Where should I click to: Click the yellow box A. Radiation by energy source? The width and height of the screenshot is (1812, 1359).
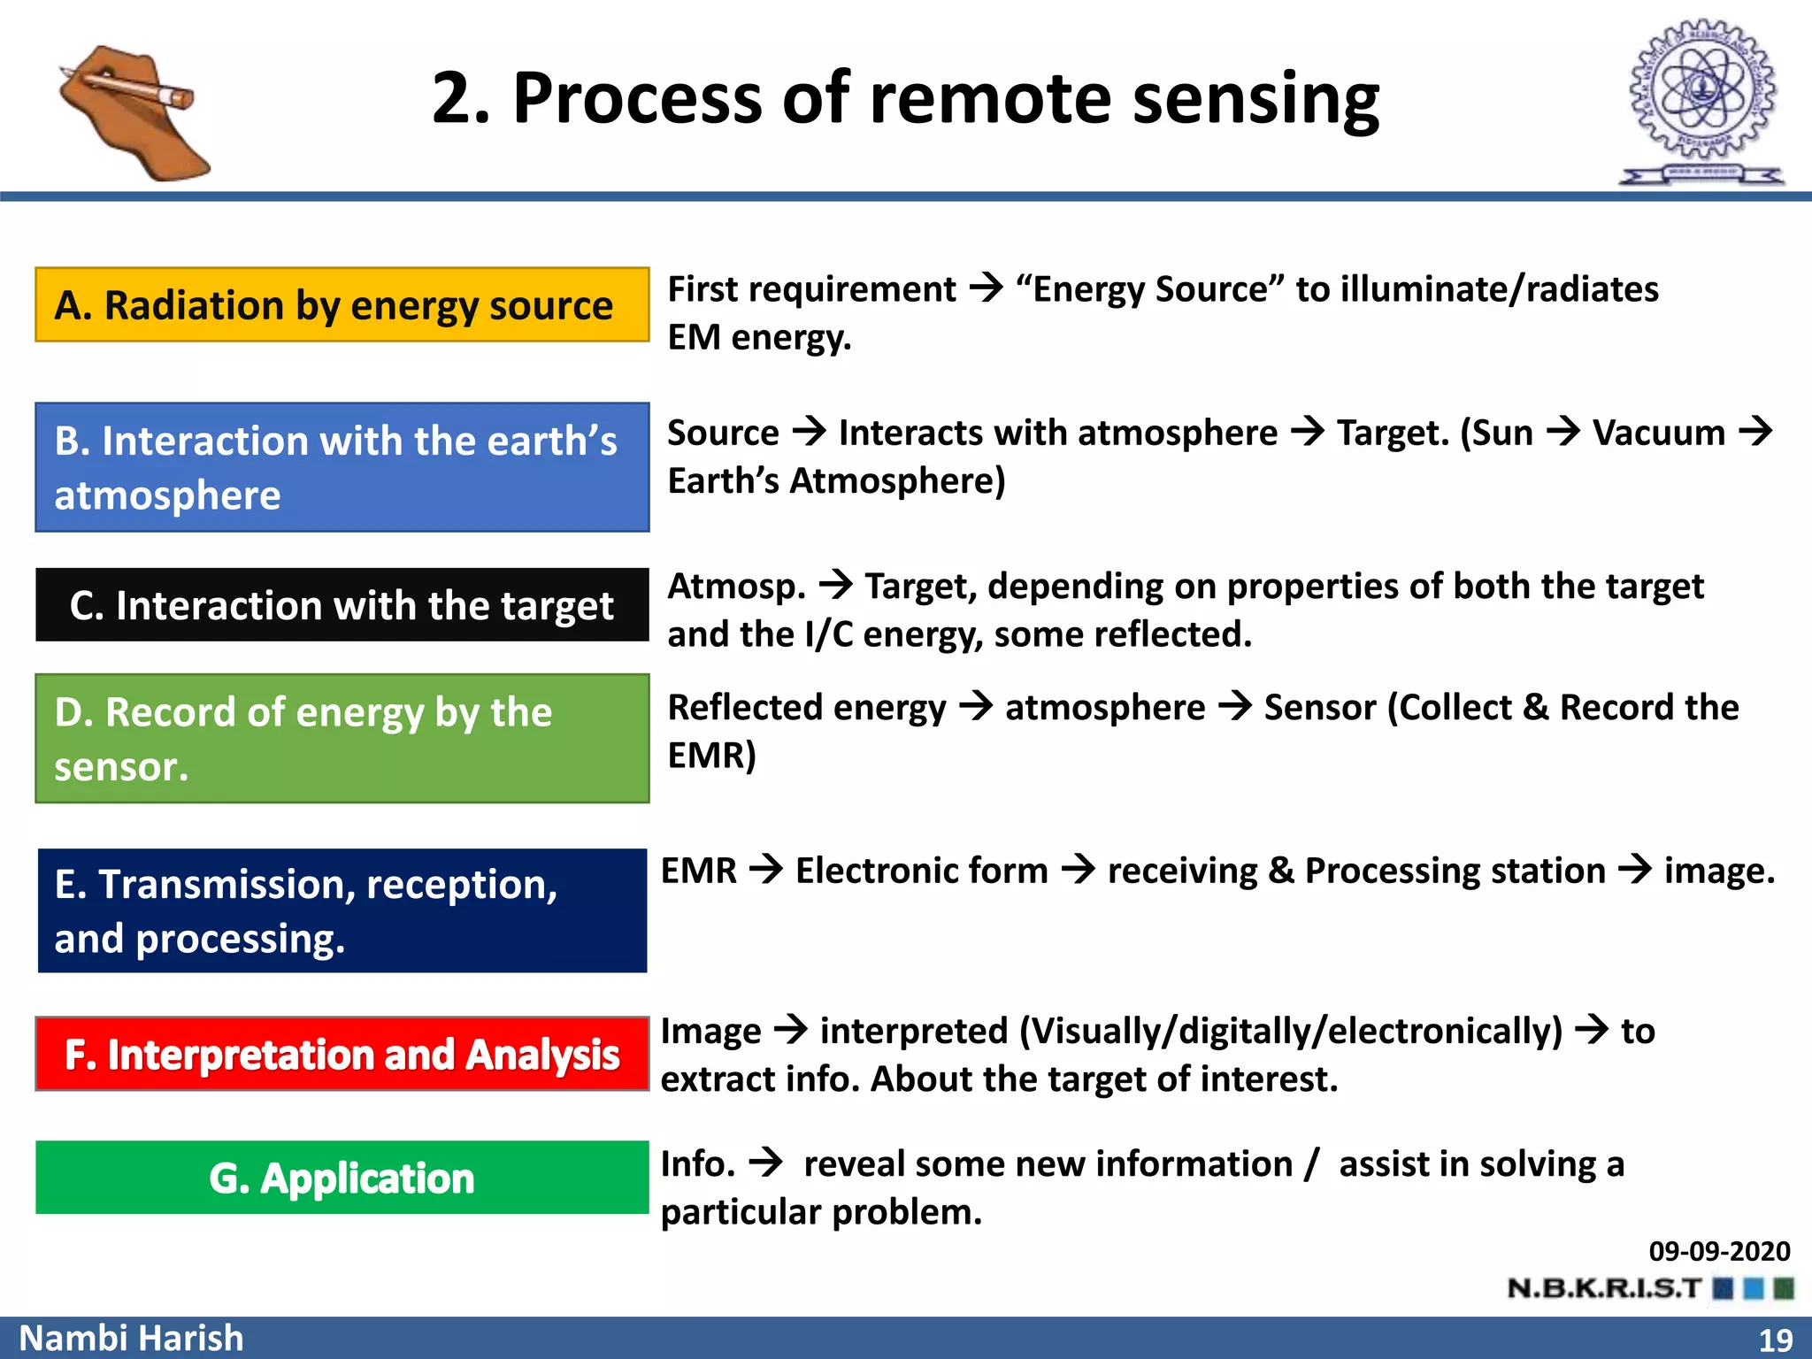(x=342, y=304)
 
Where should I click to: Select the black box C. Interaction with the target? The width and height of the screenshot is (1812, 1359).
(x=342, y=605)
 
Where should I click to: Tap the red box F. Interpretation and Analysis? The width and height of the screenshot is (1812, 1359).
(x=342, y=1054)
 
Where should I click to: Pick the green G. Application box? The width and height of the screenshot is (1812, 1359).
(x=342, y=1178)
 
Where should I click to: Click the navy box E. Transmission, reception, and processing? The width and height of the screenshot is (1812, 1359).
(x=342, y=910)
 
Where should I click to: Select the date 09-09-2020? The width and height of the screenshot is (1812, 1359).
(x=1718, y=1251)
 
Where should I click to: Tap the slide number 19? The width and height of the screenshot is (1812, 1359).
(x=1775, y=1340)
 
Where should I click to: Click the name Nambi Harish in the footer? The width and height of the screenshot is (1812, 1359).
(x=131, y=1338)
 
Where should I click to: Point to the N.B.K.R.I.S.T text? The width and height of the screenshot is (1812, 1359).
(x=1603, y=1288)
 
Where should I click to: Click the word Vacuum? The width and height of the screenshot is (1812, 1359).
(x=1658, y=434)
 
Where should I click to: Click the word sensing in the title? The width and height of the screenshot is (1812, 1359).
(x=1255, y=99)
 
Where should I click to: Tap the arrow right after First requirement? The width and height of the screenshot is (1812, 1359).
(x=986, y=288)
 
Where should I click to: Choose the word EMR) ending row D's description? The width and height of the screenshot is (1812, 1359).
(x=711, y=756)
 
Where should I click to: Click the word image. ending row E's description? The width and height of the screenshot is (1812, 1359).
(x=1719, y=871)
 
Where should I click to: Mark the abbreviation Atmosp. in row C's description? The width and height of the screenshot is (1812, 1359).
(x=736, y=587)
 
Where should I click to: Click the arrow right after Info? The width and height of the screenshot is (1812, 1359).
(x=766, y=1162)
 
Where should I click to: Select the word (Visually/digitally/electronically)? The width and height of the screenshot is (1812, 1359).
(x=1291, y=1032)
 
